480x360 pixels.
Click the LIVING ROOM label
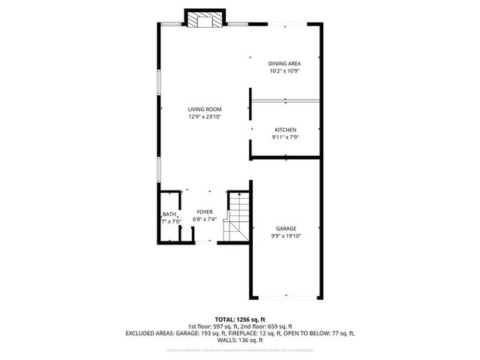point(205,109)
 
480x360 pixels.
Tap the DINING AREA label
point(285,63)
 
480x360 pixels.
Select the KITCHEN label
point(285,130)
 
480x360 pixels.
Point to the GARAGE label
point(285,228)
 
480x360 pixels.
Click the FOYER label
point(205,212)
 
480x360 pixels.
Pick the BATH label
point(169,214)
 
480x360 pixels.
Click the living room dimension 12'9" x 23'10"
point(205,116)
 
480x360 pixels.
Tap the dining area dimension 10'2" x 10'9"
point(285,70)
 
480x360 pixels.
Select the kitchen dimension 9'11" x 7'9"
point(285,137)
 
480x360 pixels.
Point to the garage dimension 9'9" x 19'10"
point(285,235)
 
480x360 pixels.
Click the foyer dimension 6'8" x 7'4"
point(205,219)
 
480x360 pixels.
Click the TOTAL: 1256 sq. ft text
point(240,319)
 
